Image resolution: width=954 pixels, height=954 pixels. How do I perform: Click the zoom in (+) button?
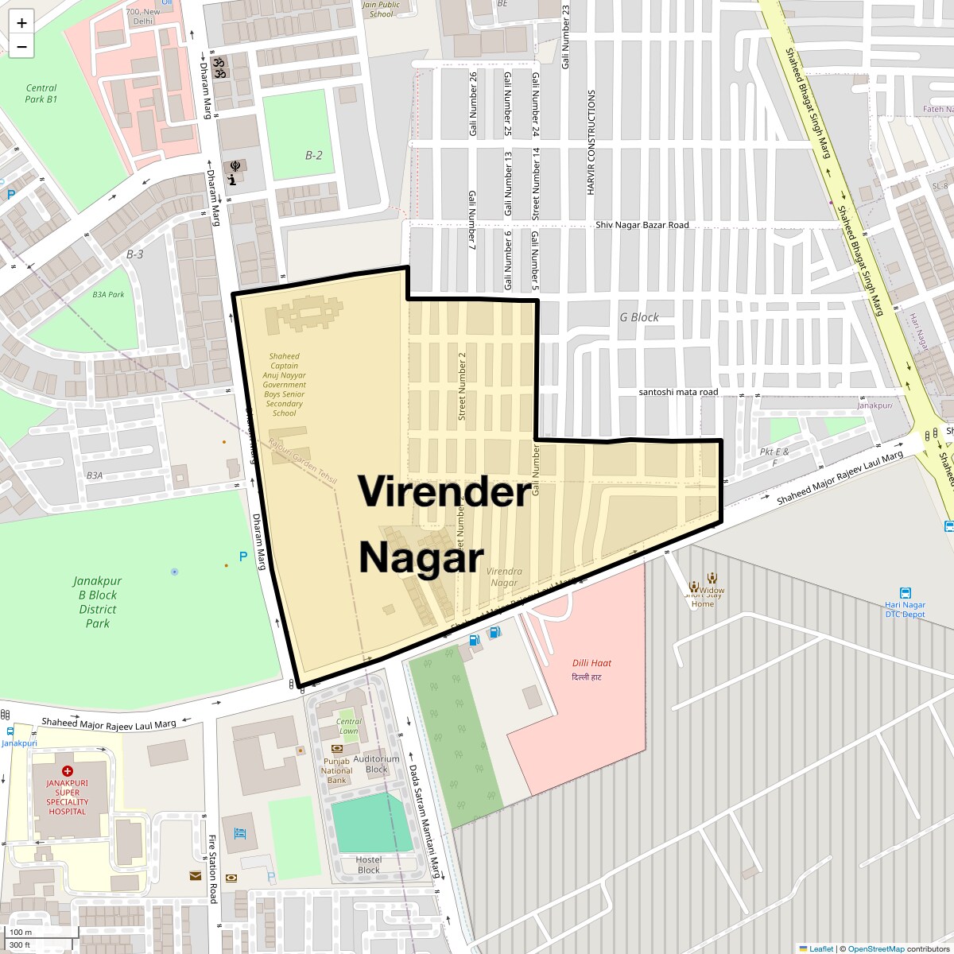click(x=21, y=23)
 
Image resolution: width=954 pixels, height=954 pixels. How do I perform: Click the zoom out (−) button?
click(x=21, y=46)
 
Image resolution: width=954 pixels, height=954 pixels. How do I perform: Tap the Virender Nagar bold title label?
click(x=443, y=524)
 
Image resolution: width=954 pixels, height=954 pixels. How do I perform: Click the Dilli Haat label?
click(x=591, y=663)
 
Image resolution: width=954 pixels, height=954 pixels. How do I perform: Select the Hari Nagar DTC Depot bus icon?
click(x=905, y=593)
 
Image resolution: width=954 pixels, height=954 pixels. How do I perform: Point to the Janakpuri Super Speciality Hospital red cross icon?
click(x=68, y=771)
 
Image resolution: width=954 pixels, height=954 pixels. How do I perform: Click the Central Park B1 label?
click(x=41, y=94)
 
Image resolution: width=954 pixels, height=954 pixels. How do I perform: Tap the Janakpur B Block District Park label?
click(x=98, y=602)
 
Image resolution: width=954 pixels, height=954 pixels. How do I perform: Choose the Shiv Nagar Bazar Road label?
click(x=642, y=225)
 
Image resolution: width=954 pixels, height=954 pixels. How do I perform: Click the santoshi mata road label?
click(x=678, y=392)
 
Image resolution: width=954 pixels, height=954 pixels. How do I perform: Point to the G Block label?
click(x=639, y=317)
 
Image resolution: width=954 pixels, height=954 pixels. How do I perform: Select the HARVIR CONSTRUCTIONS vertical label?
click(x=591, y=142)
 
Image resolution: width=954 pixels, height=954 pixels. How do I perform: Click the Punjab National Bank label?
click(x=337, y=770)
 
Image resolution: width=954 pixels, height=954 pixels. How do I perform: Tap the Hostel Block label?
click(x=369, y=864)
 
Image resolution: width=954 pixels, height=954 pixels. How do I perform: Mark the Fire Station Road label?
click(x=212, y=869)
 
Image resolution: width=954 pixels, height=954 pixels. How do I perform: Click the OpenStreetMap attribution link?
click(x=875, y=948)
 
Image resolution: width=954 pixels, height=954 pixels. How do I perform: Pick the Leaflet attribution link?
click(x=820, y=948)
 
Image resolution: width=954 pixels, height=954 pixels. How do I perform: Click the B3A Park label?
click(x=108, y=294)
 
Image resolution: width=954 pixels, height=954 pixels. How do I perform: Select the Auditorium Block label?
click(x=376, y=764)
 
